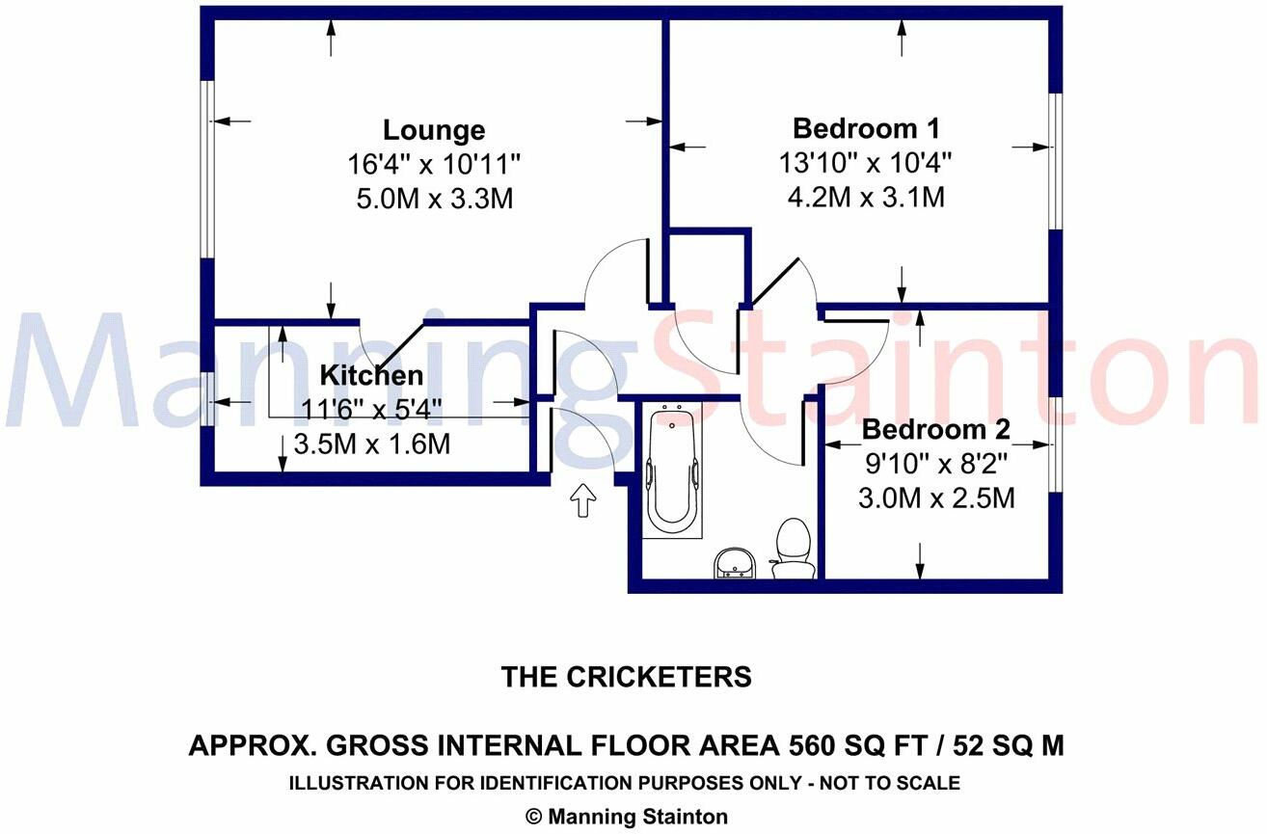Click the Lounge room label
434,130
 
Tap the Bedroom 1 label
866,128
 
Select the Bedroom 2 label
935,430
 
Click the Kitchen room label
371,375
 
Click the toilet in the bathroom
794,548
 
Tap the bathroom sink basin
735,563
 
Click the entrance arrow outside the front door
583,500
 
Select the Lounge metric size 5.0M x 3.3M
435,199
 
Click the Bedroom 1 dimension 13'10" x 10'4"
866,163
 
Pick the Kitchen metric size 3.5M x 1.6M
371,444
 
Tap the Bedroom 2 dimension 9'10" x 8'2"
936,465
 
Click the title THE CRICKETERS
626,677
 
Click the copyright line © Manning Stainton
627,817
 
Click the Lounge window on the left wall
207,169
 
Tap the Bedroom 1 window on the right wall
1056,161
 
